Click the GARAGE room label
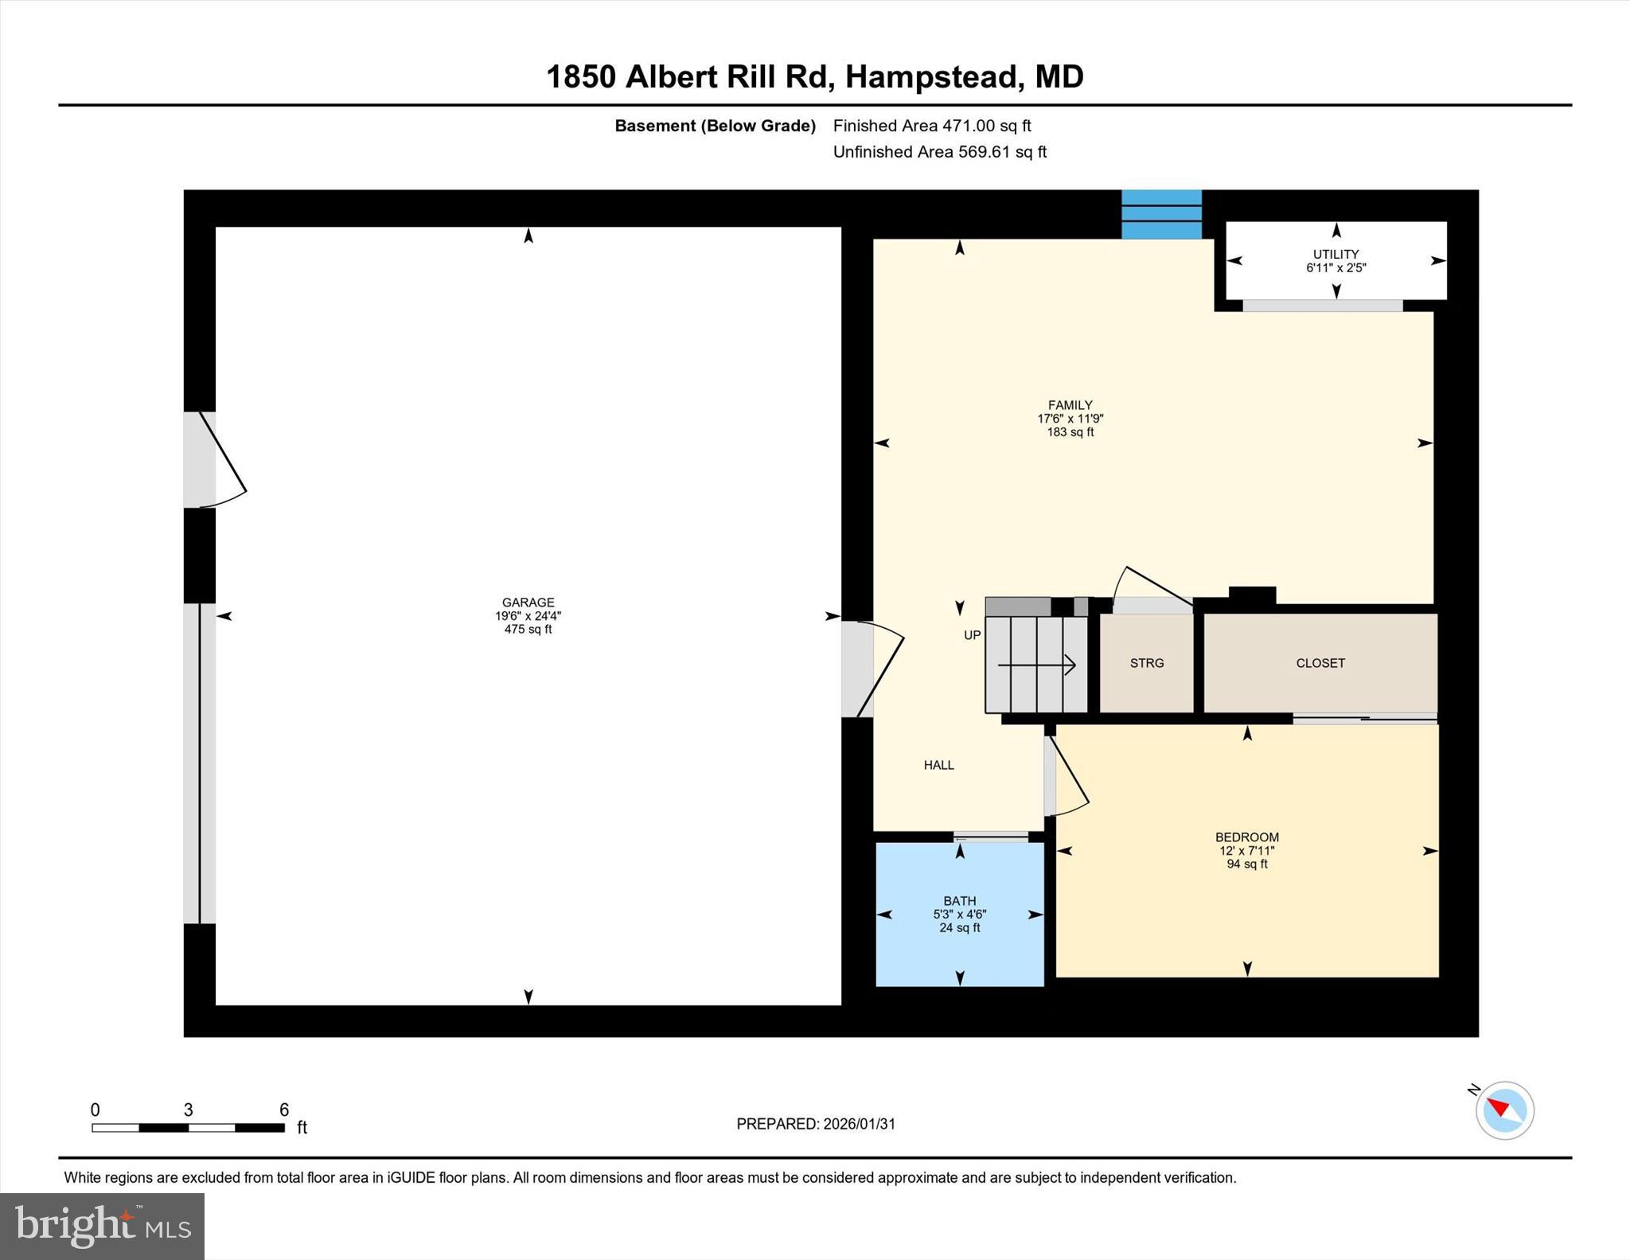coord(528,603)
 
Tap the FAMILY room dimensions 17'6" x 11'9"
coord(1070,419)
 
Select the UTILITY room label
coord(1336,255)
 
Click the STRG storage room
coord(1146,663)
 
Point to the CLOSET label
coord(1320,663)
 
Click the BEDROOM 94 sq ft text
coord(1246,864)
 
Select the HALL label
coord(938,765)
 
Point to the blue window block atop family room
coord(1161,214)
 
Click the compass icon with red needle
coord(1504,1110)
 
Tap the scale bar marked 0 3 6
coord(188,1127)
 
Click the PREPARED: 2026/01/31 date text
coord(815,1124)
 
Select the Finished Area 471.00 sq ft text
coord(931,126)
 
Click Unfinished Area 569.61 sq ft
coord(939,152)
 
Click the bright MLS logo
coord(102,1226)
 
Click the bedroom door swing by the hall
coord(1067,776)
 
